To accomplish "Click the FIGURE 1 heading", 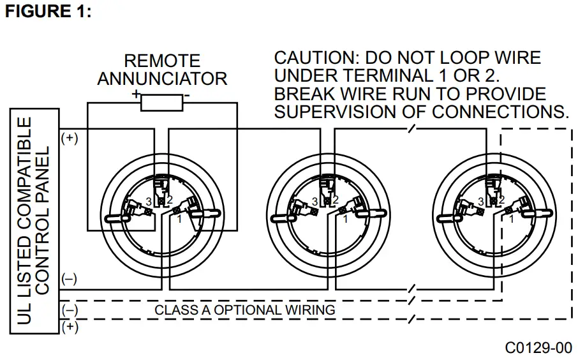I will [x=48, y=11].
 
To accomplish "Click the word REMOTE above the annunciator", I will [x=162, y=61].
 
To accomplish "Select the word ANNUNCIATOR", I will [x=162, y=79].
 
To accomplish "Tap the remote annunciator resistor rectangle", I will [x=161, y=102].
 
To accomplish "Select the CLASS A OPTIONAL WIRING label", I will [x=245, y=310].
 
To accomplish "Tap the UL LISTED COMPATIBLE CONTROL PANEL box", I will [x=34, y=220].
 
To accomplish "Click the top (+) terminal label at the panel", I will [x=70, y=138].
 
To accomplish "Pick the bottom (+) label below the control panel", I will [x=70, y=327].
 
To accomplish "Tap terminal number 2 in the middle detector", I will [x=336, y=200].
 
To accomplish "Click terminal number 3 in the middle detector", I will [x=314, y=202].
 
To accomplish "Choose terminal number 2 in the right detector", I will [x=502, y=200].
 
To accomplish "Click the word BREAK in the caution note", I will [x=302, y=94].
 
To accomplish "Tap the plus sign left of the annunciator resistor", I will [x=135, y=94].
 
